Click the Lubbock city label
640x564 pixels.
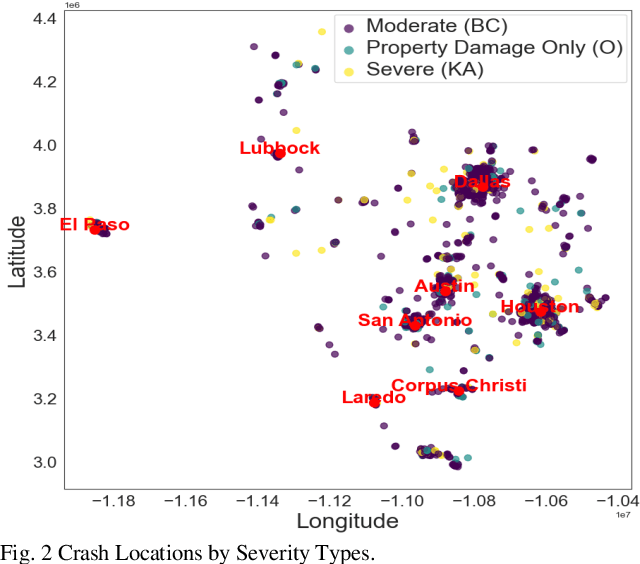[280, 148]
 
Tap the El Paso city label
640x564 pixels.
[95, 225]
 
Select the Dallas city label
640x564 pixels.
[482, 182]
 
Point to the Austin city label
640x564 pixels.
[445, 286]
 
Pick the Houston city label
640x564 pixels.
[540, 306]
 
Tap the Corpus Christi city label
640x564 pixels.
[458, 385]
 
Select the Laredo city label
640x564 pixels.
[374, 397]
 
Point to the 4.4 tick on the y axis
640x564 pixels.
[43, 19]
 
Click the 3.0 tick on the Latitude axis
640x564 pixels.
[43, 462]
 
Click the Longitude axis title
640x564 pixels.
[347, 521]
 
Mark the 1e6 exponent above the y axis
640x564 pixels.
[72, 6]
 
